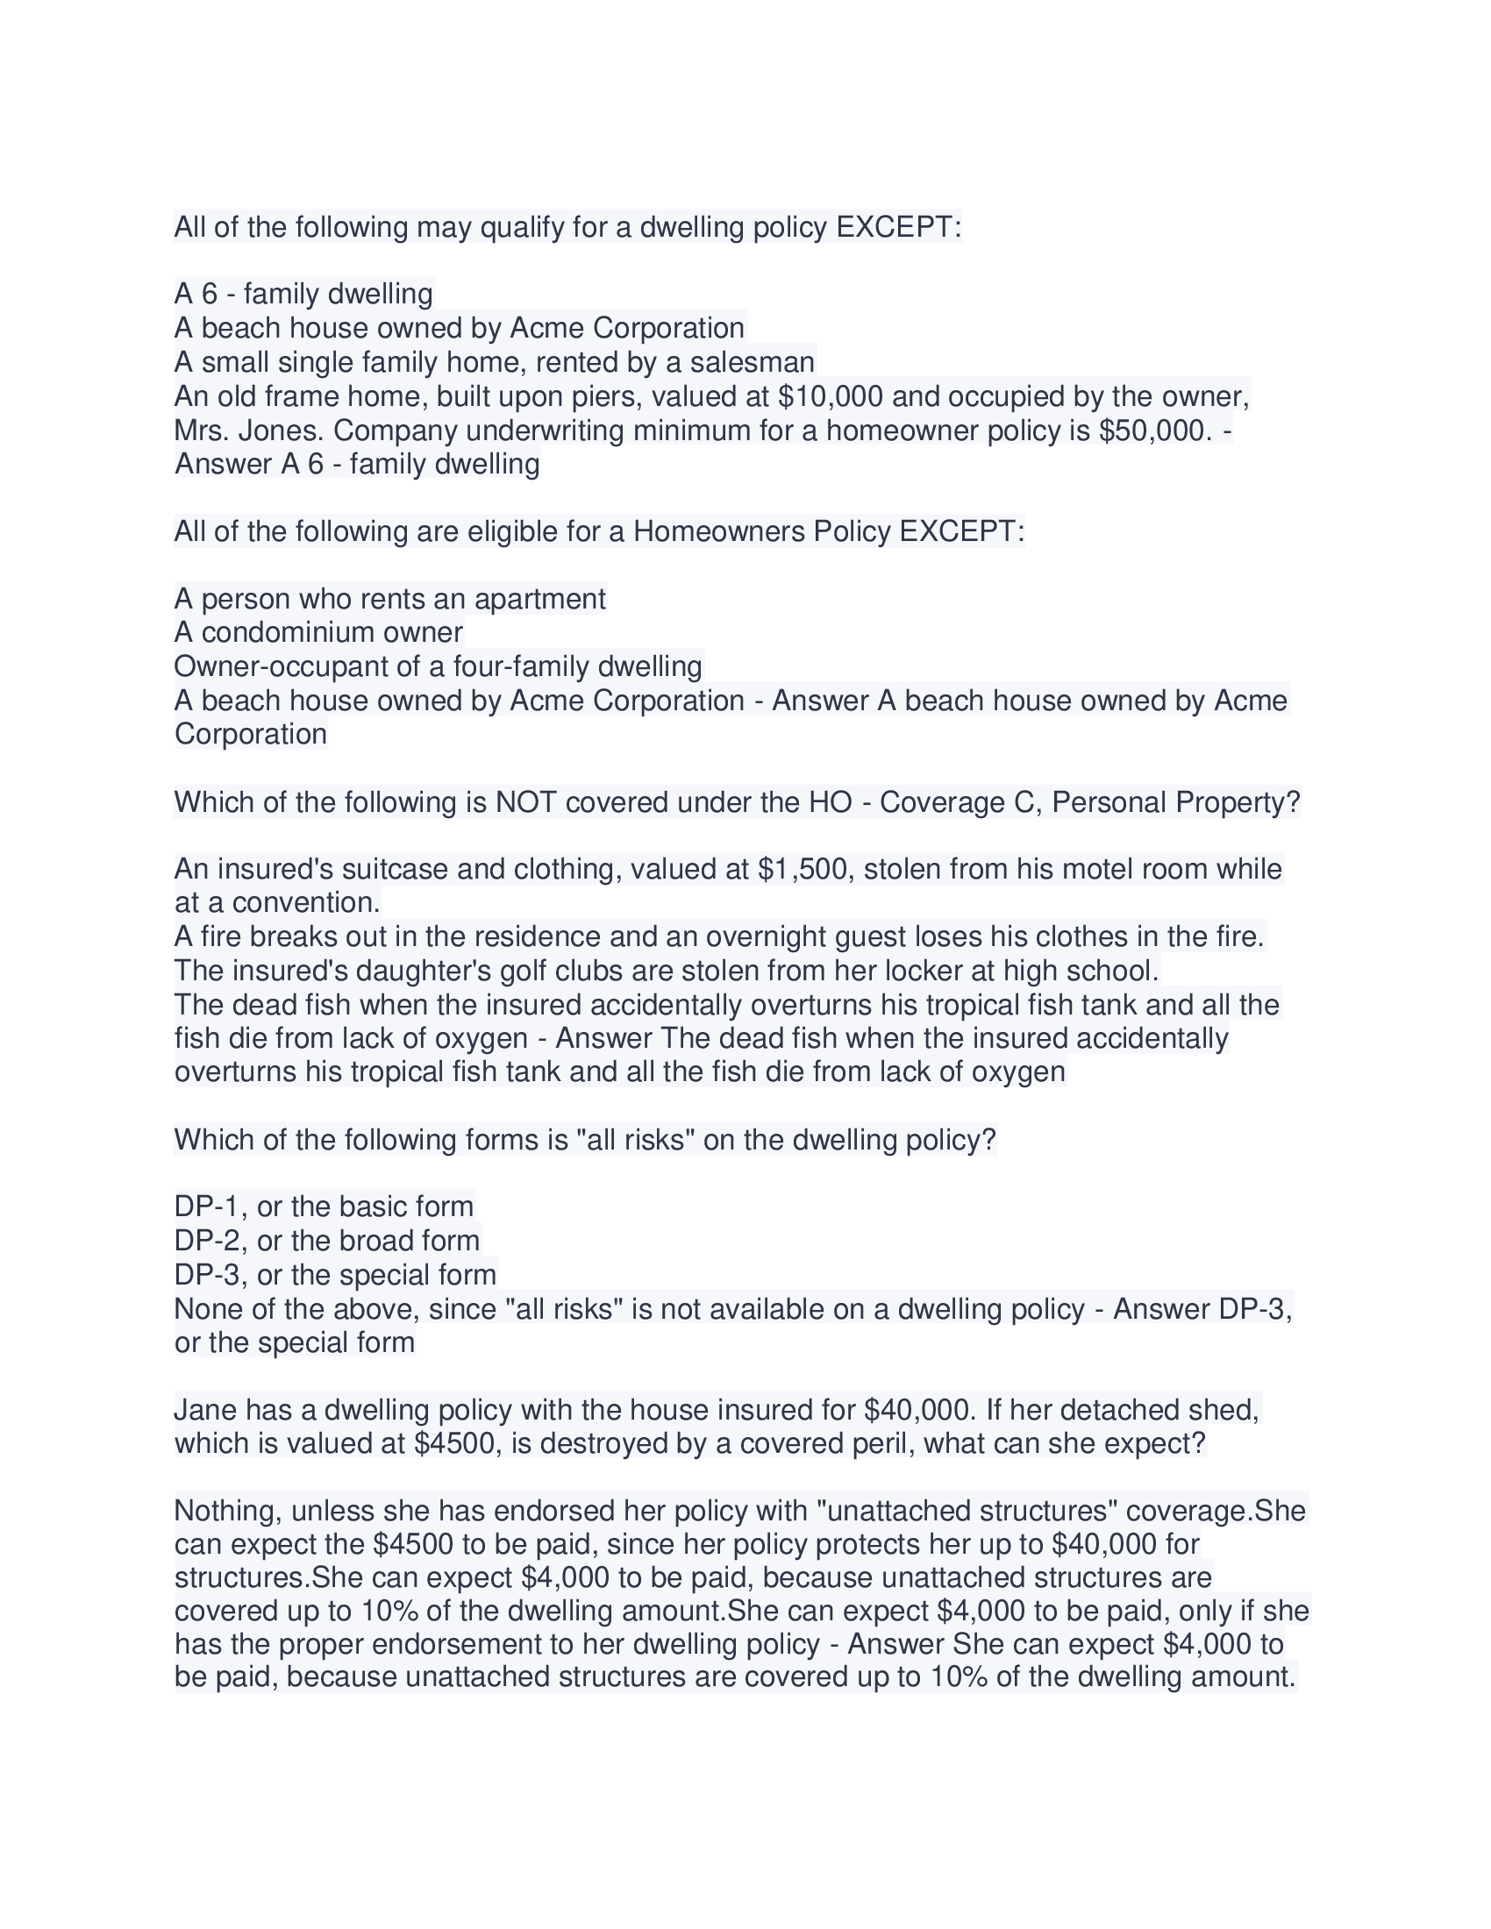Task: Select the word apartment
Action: [x=539, y=599]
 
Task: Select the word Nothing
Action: [x=225, y=1512]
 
